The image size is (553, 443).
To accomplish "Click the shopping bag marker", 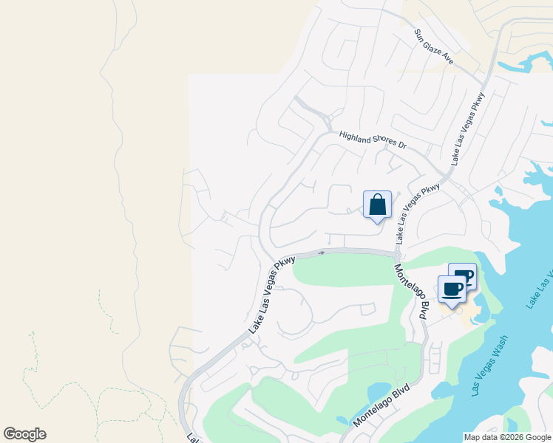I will (377, 205).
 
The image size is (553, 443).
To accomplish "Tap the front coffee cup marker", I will (452, 289).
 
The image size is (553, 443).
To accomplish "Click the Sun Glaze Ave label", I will (433, 47).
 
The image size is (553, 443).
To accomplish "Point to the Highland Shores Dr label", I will (373, 140).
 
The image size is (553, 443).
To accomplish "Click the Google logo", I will (24, 434).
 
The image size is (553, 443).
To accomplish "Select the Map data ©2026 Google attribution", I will (507, 437).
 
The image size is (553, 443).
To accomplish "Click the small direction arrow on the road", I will (321, 253).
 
